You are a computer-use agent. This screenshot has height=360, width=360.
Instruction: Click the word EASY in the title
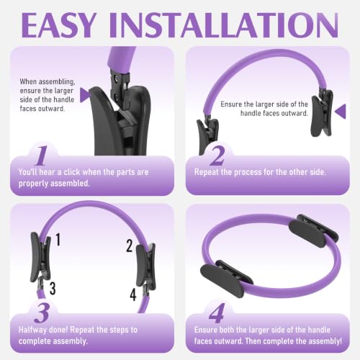(x=59, y=25)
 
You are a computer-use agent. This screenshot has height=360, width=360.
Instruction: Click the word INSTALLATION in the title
(x=224, y=25)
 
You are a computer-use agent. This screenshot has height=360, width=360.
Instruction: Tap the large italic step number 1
(x=41, y=156)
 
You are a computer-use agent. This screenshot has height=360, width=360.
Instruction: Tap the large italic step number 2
(x=217, y=156)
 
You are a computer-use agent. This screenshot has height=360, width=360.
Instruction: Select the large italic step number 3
(x=42, y=313)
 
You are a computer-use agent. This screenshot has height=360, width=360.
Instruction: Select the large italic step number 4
(x=217, y=313)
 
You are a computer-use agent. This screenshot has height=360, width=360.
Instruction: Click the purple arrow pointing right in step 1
(x=84, y=95)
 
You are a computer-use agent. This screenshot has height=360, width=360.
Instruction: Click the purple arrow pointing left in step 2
(x=341, y=111)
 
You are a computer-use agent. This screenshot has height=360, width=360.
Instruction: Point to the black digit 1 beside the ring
(x=58, y=239)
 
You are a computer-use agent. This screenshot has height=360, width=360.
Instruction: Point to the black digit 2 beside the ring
(x=130, y=246)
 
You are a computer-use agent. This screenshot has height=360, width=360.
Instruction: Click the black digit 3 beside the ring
(x=53, y=288)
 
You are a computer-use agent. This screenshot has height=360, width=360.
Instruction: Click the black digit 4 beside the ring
(x=133, y=294)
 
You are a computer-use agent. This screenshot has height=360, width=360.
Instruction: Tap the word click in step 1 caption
(x=72, y=172)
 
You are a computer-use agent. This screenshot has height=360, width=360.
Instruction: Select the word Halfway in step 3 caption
(x=32, y=330)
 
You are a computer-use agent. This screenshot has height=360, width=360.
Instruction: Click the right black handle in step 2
(x=322, y=113)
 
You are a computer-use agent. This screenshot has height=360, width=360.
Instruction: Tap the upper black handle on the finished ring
(x=314, y=229)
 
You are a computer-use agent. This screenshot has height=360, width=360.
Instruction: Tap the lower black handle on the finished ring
(x=227, y=279)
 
